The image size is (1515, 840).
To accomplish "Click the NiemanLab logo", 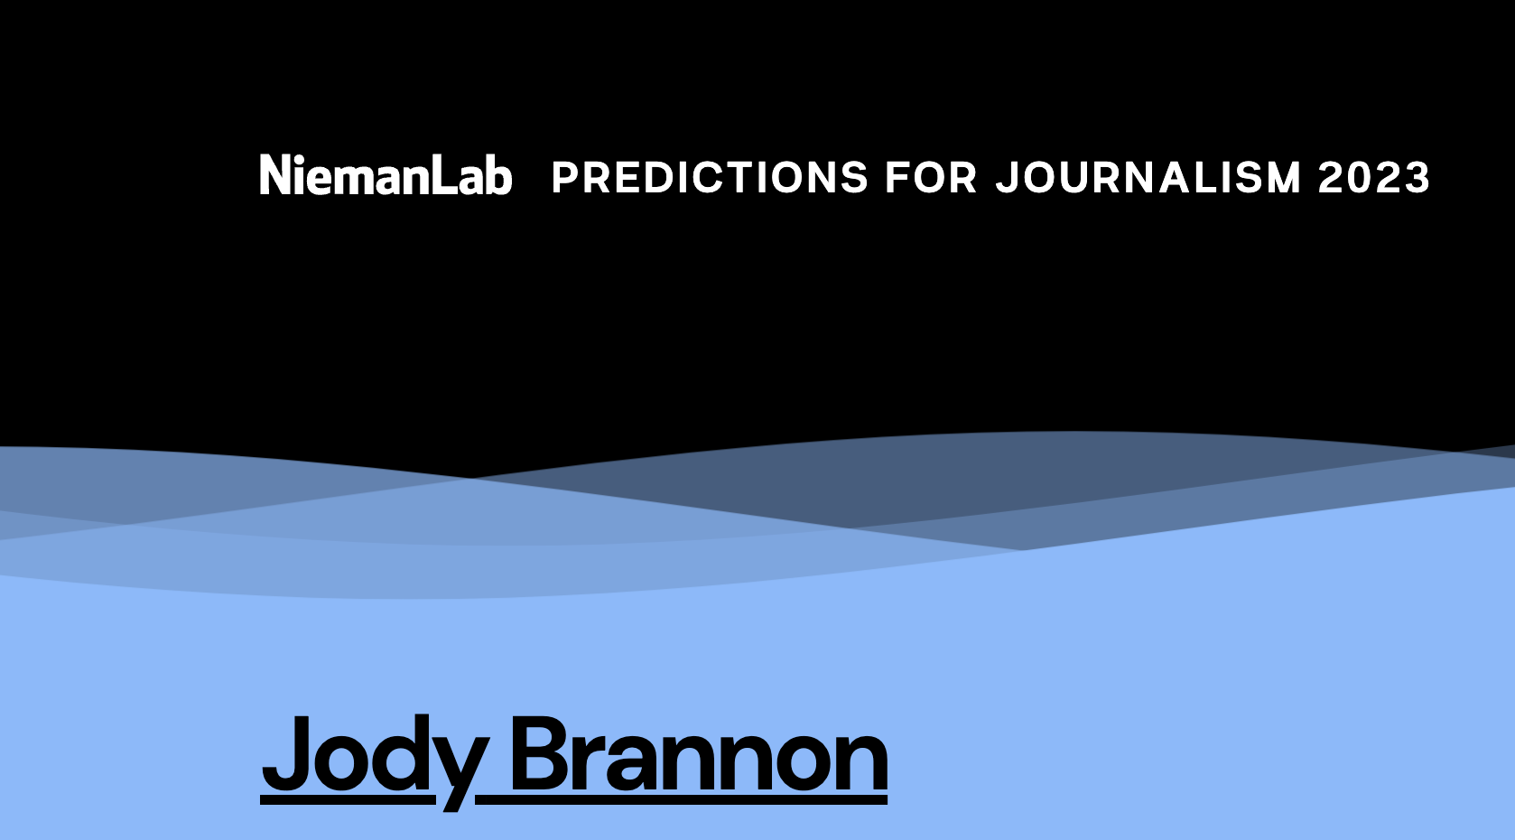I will point(386,175).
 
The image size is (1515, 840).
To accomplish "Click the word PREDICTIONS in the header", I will point(710,177).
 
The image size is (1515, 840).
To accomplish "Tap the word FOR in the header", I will point(931,177).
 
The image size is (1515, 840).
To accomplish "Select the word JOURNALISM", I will point(1148,177).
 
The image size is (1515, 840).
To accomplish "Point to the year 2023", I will point(1373,177).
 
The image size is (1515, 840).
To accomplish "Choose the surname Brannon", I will point(699,755).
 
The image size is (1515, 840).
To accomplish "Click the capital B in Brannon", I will point(541,753).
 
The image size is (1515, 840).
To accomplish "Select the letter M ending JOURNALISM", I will point(1283,178).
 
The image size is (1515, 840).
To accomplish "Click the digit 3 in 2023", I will point(1417,178).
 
